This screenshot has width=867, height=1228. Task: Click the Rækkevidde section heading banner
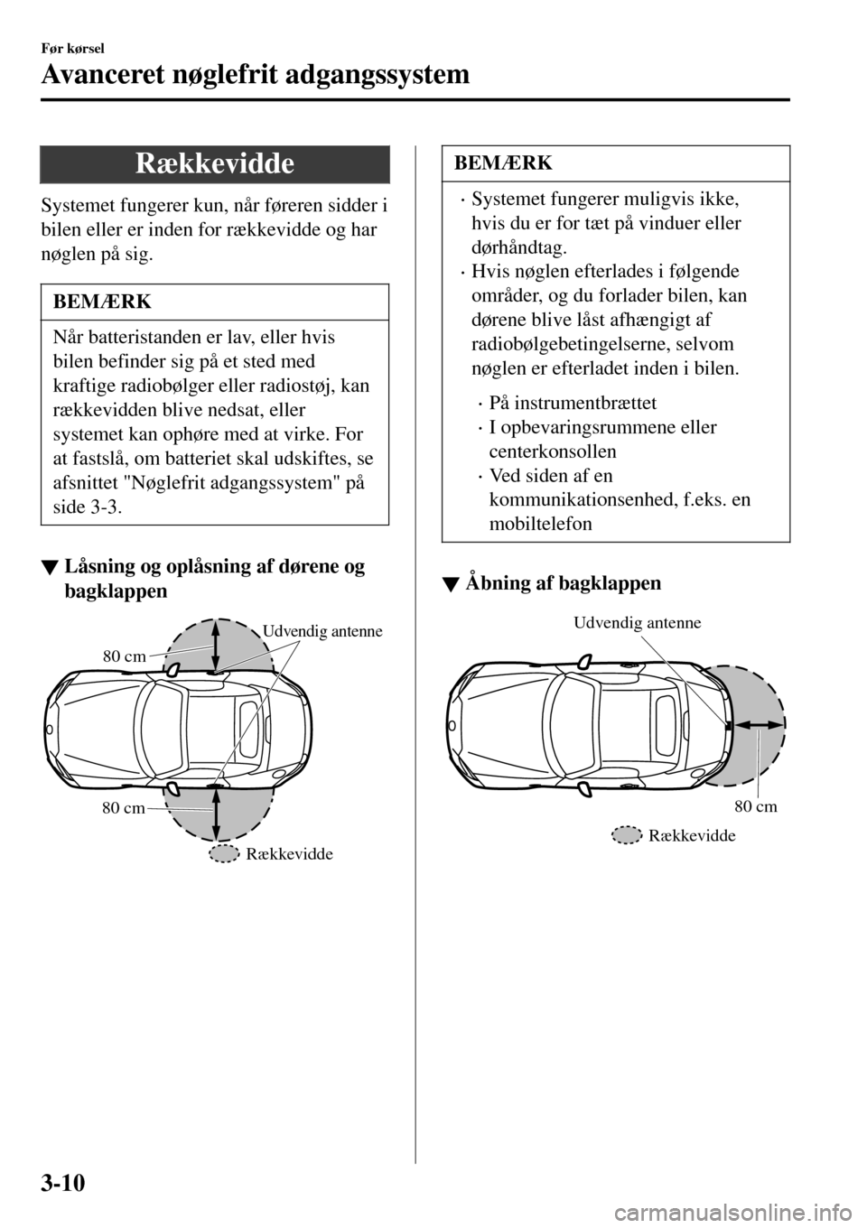point(215,163)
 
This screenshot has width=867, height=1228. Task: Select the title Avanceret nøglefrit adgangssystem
point(256,75)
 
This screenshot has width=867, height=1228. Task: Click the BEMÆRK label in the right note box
point(502,163)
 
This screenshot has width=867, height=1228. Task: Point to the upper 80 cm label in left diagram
point(124,656)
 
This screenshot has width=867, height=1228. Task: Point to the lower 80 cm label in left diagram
point(123,808)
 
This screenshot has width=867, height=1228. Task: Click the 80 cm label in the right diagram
point(755,805)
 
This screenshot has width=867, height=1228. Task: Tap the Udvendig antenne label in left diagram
point(322,632)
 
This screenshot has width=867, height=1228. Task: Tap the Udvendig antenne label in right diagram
point(638,622)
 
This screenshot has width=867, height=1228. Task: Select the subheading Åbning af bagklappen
point(563,582)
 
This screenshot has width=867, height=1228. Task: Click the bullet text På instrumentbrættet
point(573,403)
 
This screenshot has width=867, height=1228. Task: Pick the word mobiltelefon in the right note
point(540,524)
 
